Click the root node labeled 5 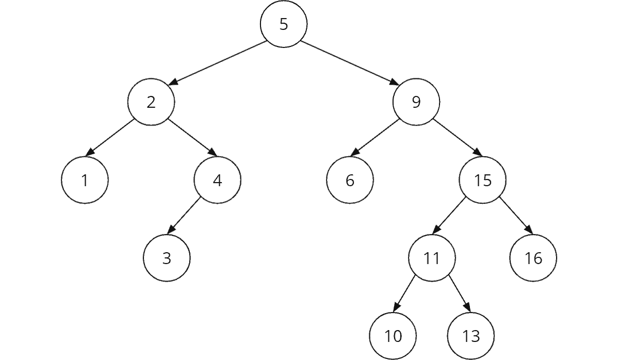pyautogui.click(x=284, y=24)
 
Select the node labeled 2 pyautogui.click(x=151, y=102)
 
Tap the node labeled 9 pyautogui.click(x=416, y=102)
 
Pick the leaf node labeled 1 pyautogui.click(x=85, y=181)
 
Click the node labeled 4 pyautogui.click(x=217, y=181)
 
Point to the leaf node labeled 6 pyautogui.click(x=350, y=181)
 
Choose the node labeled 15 pyautogui.click(x=483, y=181)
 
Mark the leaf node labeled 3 pyautogui.click(x=167, y=258)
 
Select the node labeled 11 pyautogui.click(x=432, y=258)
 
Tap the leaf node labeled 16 pyautogui.click(x=533, y=258)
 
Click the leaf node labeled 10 pyautogui.click(x=393, y=336)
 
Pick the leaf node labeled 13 pyautogui.click(x=471, y=336)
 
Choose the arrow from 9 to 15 pyautogui.click(x=457, y=138)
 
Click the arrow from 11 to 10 pyautogui.click(x=405, y=293)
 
